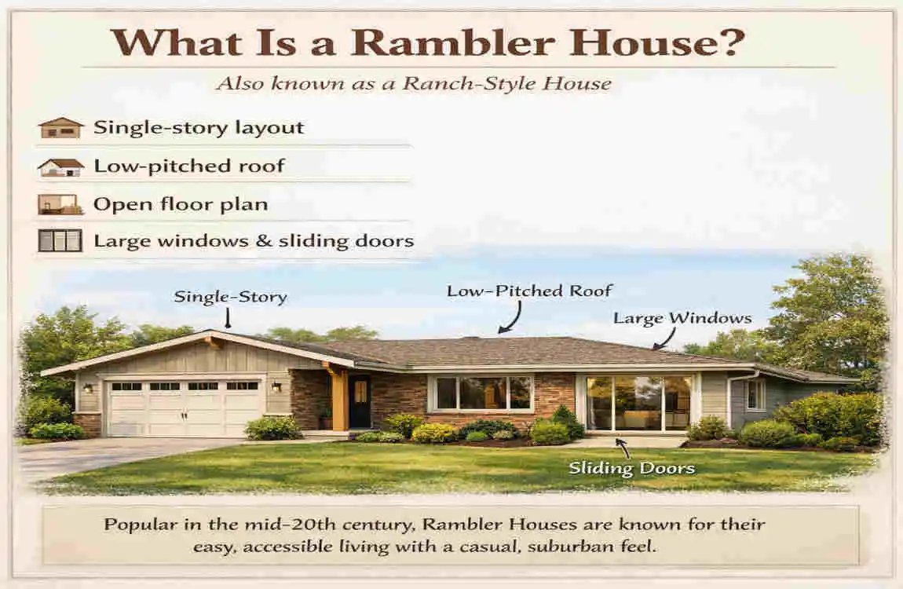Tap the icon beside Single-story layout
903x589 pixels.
[60, 128]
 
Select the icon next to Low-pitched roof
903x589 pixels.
[60, 166]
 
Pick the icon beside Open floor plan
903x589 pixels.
[60, 205]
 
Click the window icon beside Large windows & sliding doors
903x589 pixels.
[60, 240]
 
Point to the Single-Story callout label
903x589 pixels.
[230, 297]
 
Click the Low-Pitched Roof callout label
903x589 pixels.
[529, 291]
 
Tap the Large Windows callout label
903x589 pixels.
[682, 318]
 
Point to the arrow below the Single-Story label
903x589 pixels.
[228, 317]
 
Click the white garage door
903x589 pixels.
[185, 408]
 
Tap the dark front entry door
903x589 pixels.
[359, 401]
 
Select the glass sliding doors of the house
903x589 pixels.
[638, 402]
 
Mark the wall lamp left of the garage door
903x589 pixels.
[87, 387]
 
